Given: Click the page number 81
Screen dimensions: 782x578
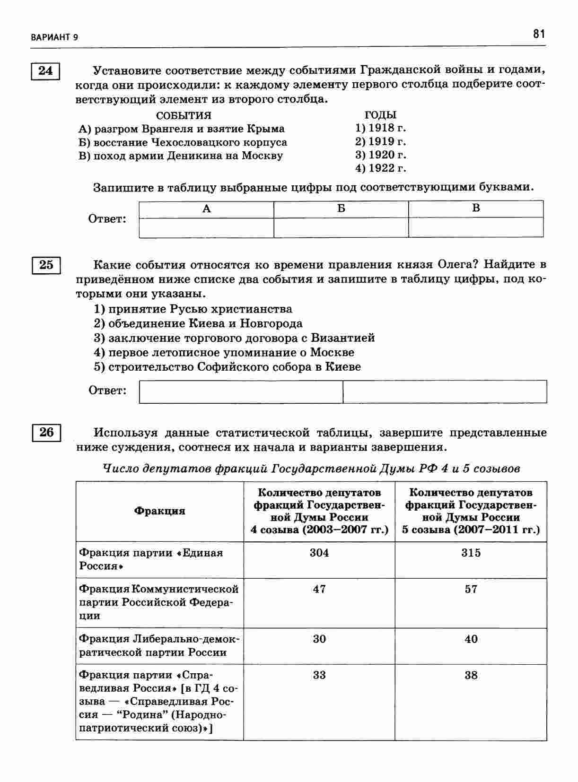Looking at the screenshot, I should coord(539,34).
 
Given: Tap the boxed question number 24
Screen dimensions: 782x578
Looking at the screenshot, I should coord(45,71).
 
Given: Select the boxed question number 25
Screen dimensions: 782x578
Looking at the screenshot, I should coord(46,265).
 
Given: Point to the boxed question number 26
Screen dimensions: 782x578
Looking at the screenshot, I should coord(46,432).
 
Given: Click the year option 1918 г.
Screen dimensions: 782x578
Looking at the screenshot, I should coord(381,128).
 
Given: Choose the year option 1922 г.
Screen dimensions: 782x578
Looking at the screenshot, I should coord(381,168).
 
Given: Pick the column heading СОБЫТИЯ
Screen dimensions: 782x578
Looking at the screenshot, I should coord(184,115).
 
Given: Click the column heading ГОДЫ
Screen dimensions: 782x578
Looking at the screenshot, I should coord(380,115).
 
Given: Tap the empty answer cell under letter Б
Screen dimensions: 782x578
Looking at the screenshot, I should coord(341,227).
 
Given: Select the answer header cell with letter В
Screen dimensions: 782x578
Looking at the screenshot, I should coord(476,209).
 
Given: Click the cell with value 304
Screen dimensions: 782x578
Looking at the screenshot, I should coord(319,553).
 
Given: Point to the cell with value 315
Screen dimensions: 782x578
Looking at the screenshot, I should coord(471,553).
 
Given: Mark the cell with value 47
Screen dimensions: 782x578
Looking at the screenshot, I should coord(319,589).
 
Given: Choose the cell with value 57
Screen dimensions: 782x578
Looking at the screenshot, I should coord(471,589).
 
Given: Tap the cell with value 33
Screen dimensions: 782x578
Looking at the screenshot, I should coord(319,675).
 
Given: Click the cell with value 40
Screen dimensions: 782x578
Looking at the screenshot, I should coord(471,639).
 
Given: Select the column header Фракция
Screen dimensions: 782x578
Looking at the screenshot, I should coord(160,511).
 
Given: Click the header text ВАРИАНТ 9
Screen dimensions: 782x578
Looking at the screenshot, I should coord(54,37).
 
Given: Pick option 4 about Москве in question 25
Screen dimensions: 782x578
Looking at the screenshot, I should coord(224,352).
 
